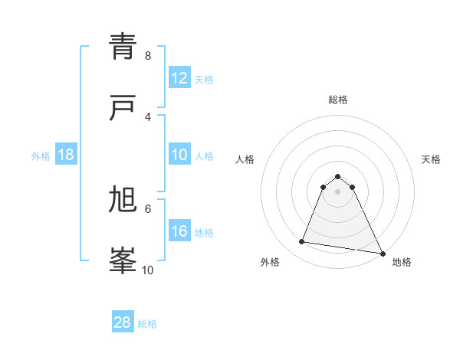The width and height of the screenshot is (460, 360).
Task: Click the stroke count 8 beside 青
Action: (148, 56)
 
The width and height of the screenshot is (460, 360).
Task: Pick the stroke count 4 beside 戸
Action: (148, 116)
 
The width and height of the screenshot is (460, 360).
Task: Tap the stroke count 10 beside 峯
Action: (148, 270)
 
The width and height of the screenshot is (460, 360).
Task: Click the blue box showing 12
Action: (179, 78)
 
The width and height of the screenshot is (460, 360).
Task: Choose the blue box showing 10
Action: (179, 155)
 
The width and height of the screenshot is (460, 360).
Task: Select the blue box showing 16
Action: (179, 231)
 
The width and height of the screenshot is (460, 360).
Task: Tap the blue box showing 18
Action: (66, 155)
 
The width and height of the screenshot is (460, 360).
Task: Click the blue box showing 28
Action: (123, 322)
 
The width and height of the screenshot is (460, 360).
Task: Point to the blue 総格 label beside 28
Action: (147, 324)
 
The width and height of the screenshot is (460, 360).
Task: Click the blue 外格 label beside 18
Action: (41, 155)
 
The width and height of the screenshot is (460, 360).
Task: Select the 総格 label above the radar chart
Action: (337, 100)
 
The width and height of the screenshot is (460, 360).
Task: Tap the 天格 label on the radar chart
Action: (431, 159)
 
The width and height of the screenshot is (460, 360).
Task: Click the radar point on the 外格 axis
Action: (302, 242)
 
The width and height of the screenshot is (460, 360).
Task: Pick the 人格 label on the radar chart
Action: (245, 159)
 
